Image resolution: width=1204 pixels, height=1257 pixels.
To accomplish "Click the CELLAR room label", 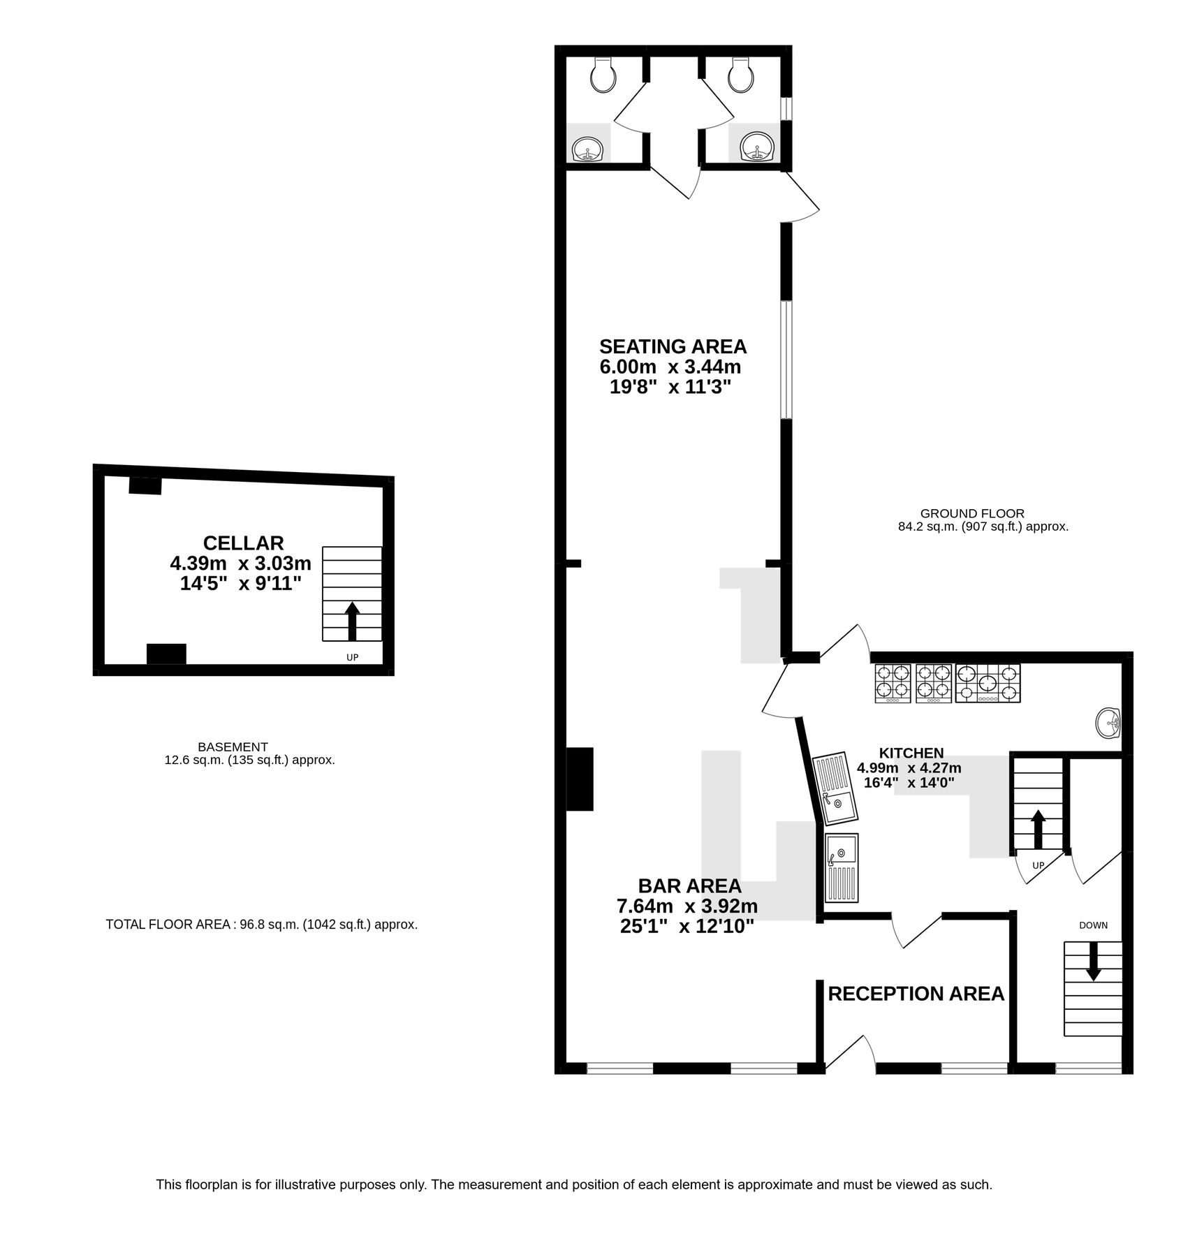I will (243, 543).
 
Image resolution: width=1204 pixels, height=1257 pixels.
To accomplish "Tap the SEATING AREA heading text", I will (673, 346).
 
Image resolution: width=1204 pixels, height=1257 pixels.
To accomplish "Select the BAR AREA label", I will (689, 886).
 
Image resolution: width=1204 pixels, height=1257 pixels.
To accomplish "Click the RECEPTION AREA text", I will (916, 994).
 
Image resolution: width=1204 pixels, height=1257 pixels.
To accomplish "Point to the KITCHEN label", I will (911, 753).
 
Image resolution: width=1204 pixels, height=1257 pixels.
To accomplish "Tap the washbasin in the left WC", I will (588, 149).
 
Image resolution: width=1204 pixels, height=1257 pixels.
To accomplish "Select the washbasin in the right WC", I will (757, 148).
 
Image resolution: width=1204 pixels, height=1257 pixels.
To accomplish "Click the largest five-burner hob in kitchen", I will (988, 683).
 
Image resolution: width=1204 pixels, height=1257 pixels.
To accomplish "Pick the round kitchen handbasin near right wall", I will (1108, 723).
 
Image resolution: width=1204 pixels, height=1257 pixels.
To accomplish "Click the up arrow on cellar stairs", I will (352, 620).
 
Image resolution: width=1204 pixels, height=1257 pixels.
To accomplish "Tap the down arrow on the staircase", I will (1093, 962).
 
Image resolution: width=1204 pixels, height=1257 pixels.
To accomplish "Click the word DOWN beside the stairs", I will (1093, 925).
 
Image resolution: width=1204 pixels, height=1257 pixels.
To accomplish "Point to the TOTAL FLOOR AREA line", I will (261, 925).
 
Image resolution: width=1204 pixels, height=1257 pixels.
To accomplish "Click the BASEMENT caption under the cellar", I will (233, 747).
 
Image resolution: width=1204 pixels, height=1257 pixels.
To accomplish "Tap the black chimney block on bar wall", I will (579, 779).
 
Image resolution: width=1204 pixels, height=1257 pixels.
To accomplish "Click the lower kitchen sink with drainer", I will (842, 867).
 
